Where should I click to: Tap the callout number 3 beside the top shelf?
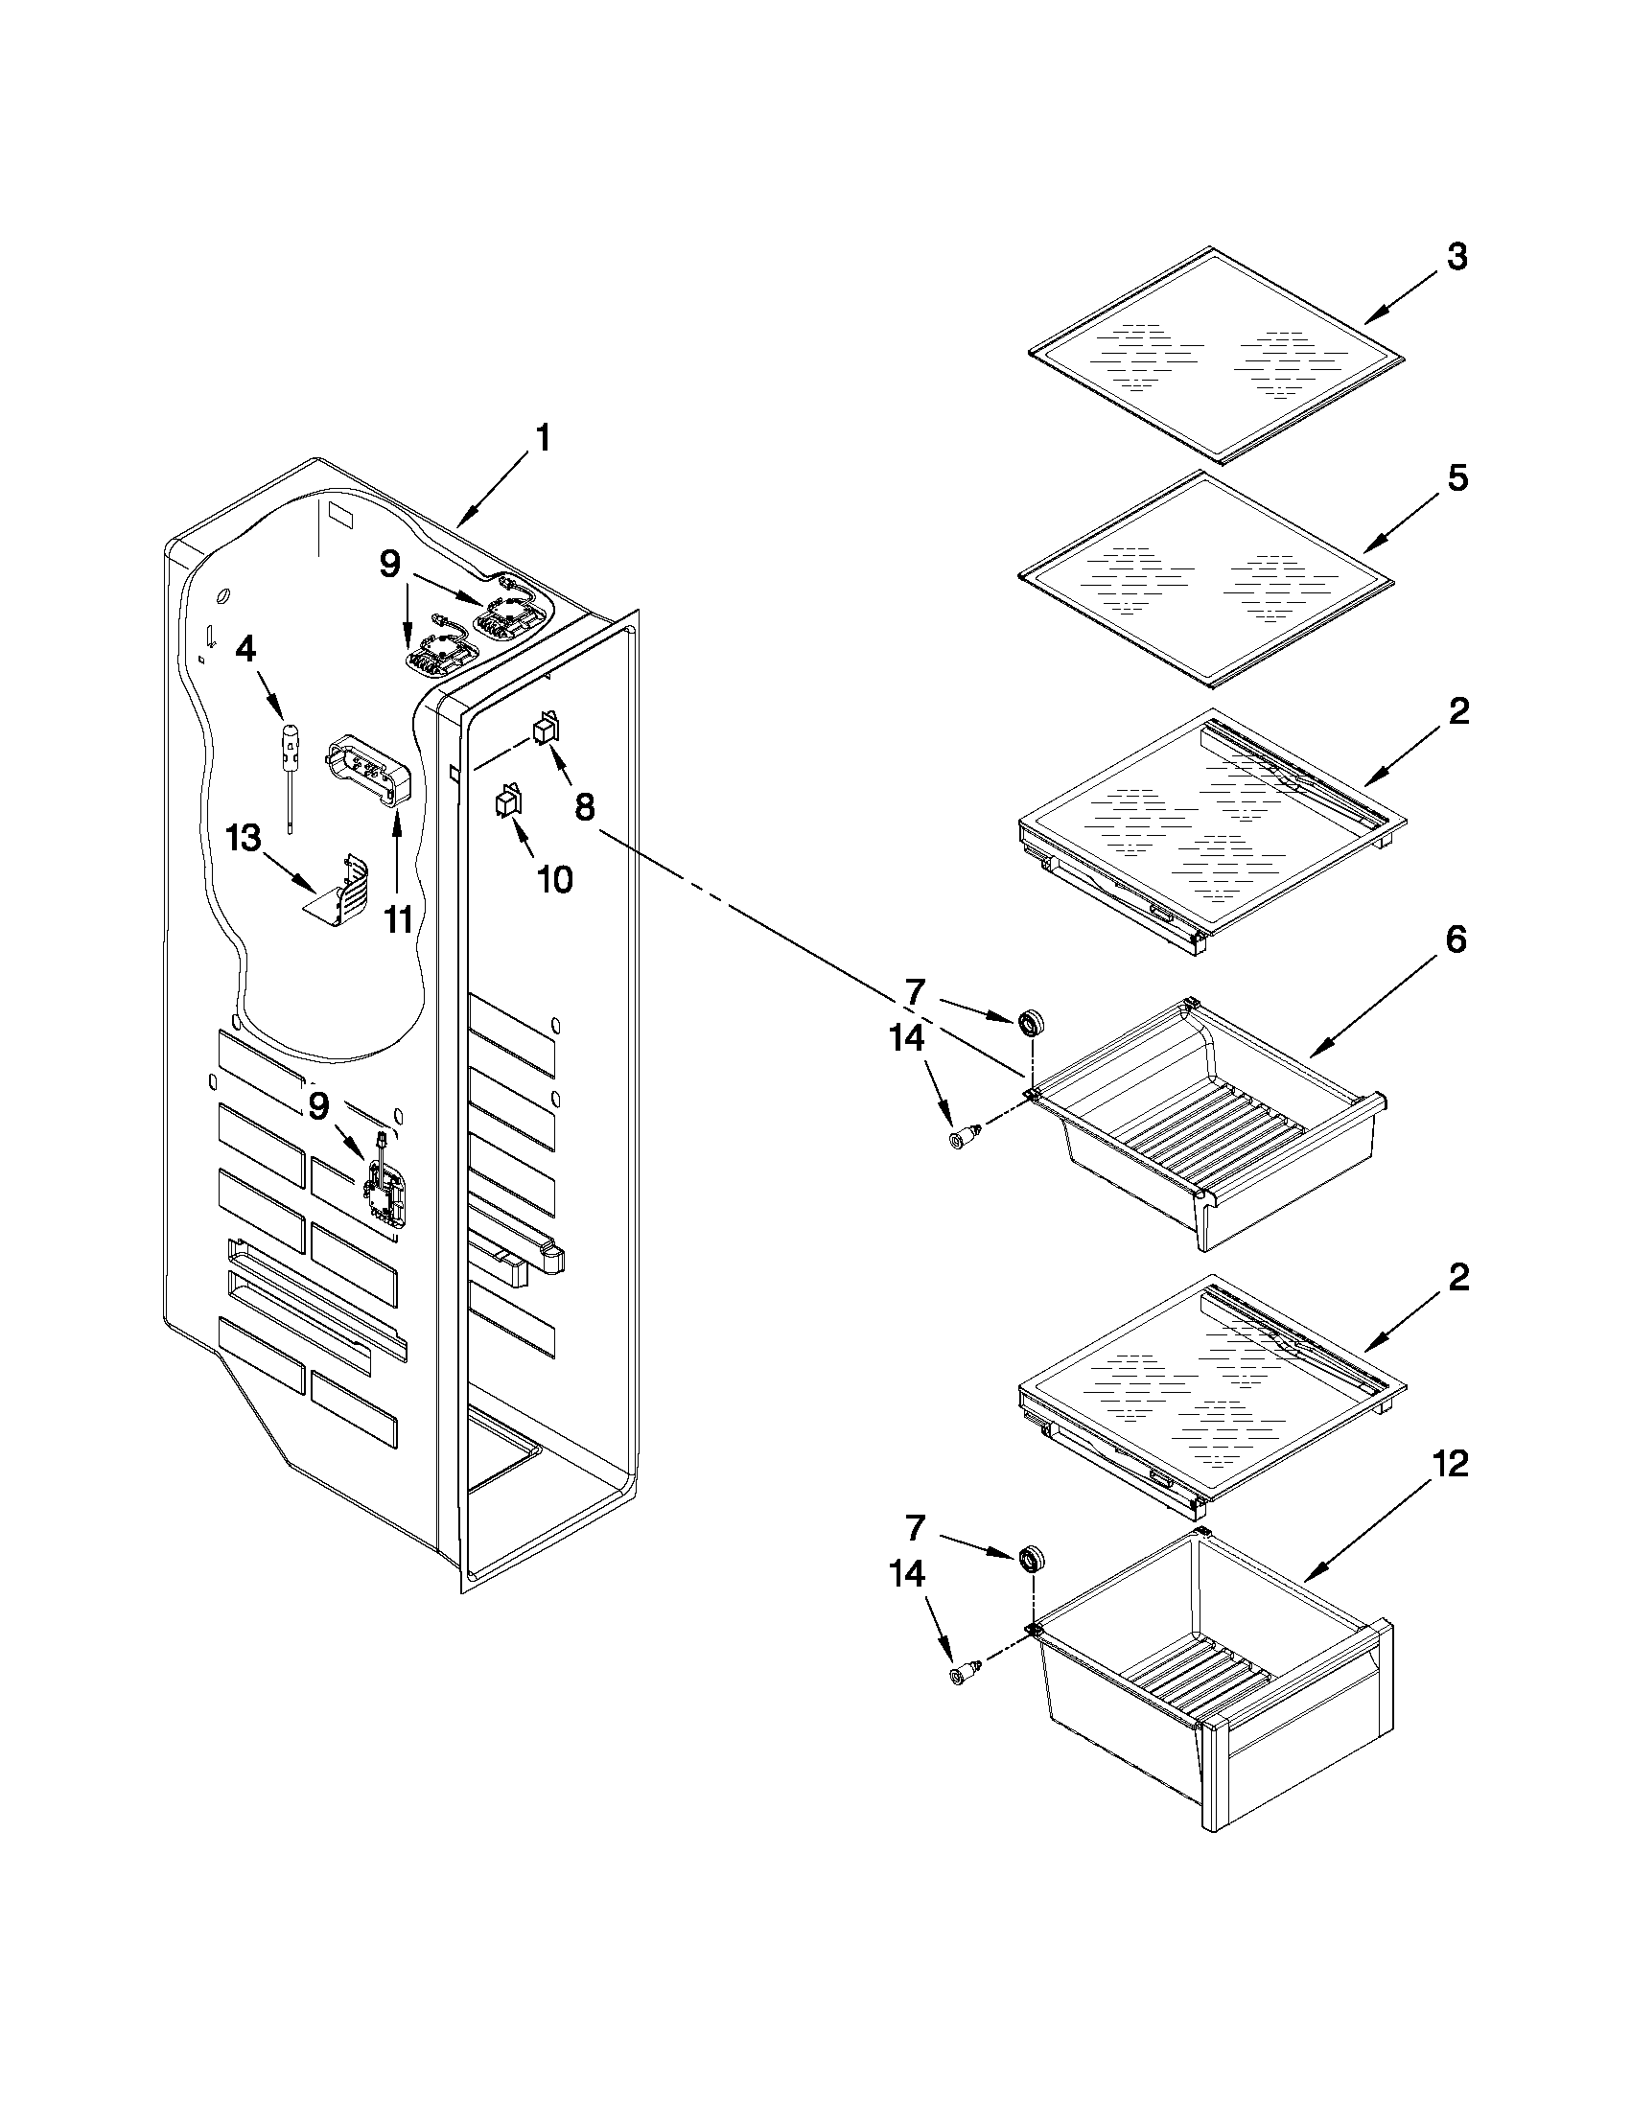click(1457, 258)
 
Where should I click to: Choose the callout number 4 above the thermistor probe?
click(246, 648)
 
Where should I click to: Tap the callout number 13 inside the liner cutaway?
click(244, 838)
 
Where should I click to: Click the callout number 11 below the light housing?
click(398, 918)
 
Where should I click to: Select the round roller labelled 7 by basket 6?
click(1032, 1021)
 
